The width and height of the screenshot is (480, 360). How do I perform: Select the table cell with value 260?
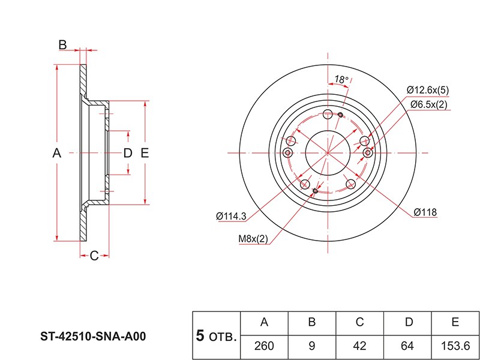(264, 346)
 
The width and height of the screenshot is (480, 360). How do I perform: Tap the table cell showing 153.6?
(455, 346)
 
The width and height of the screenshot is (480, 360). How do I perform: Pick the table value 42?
(360, 346)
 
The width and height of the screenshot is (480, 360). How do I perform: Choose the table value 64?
(408, 346)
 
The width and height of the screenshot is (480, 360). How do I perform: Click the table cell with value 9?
(312, 346)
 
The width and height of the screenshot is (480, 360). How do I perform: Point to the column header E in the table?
(455, 323)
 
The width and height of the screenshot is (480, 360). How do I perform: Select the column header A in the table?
(264, 323)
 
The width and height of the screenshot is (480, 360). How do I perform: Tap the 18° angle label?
(341, 79)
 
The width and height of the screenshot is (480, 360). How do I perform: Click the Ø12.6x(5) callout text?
(427, 90)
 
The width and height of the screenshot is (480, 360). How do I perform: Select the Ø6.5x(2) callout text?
(428, 105)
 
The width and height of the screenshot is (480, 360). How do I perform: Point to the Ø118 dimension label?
(425, 212)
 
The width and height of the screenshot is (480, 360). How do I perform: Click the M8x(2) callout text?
(253, 239)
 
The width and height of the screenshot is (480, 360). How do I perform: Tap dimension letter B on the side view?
(62, 44)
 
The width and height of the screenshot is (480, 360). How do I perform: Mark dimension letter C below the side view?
(94, 257)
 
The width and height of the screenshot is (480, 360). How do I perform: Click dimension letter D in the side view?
(127, 154)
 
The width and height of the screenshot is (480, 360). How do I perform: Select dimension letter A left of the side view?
(57, 154)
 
